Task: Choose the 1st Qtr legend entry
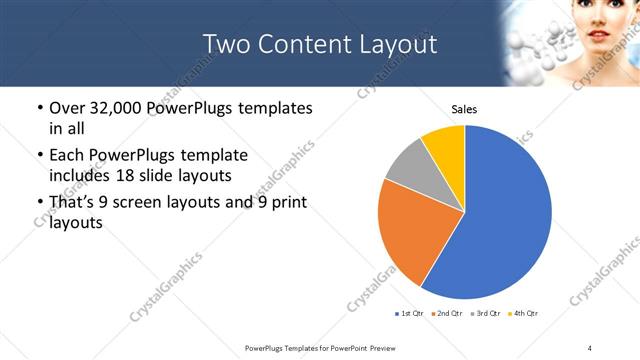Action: point(411,314)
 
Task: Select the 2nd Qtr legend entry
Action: point(447,314)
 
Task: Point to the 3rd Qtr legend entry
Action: point(485,314)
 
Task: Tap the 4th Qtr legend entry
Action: point(523,314)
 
